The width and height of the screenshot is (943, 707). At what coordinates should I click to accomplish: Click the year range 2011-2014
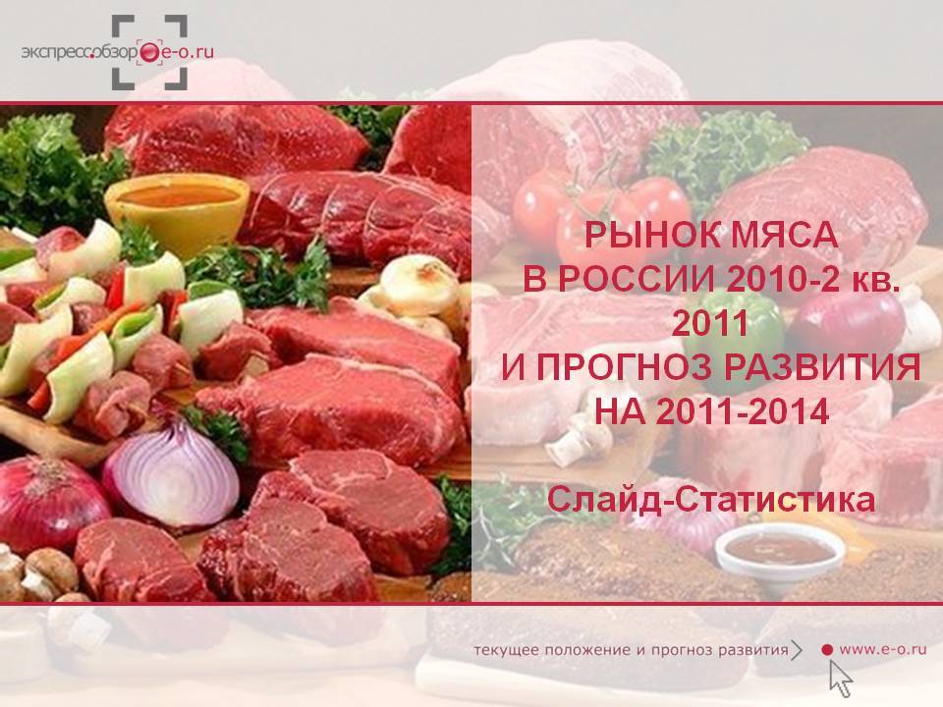point(743,411)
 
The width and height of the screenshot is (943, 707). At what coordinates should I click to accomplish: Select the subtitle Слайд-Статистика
point(711,501)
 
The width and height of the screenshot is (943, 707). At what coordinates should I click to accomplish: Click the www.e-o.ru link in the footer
point(882,649)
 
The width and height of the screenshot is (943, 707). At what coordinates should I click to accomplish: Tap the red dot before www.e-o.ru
point(827,649)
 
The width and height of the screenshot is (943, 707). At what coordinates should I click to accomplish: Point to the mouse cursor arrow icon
point(840,679)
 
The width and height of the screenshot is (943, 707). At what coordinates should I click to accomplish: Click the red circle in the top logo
point(148,53)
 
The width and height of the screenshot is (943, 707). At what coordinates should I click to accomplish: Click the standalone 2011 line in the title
point(710,323)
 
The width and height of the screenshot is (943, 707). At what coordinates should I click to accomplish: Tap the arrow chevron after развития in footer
point(797,650)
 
